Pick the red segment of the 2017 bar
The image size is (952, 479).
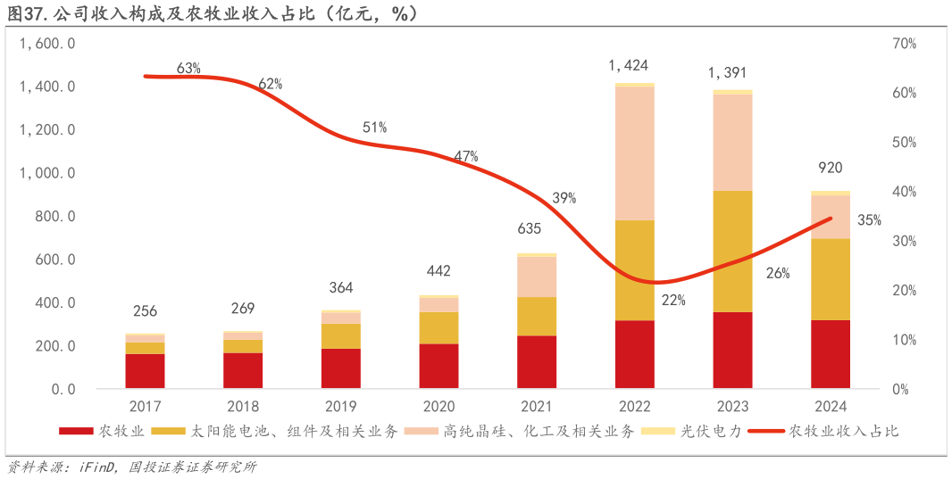145,371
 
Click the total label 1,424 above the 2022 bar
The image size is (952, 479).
628,65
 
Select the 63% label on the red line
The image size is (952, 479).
188,69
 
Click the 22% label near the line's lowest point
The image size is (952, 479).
673,301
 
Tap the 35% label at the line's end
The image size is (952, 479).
869,220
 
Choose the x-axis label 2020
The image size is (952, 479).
438,407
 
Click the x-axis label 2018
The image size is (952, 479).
243,407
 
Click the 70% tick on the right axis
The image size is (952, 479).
904,44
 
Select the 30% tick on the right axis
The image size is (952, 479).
904,242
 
